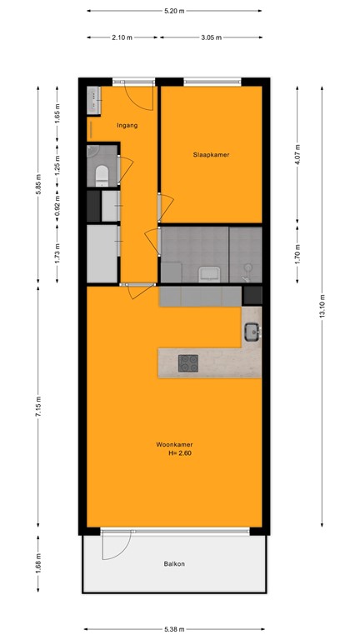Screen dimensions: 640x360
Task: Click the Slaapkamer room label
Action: click(211, 155)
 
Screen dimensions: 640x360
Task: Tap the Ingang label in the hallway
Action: click(127, 126)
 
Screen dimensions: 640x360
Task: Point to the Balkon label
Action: click(174, 564)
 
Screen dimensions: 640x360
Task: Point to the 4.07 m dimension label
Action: click(298, 153)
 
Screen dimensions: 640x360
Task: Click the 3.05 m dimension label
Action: click(212, 37)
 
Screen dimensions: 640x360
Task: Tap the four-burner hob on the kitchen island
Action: click(189, 362)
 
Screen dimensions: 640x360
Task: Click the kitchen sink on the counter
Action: click(252, 333)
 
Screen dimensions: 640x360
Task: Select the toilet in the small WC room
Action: click(101, 175)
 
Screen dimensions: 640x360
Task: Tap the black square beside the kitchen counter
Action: click(252, 295)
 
